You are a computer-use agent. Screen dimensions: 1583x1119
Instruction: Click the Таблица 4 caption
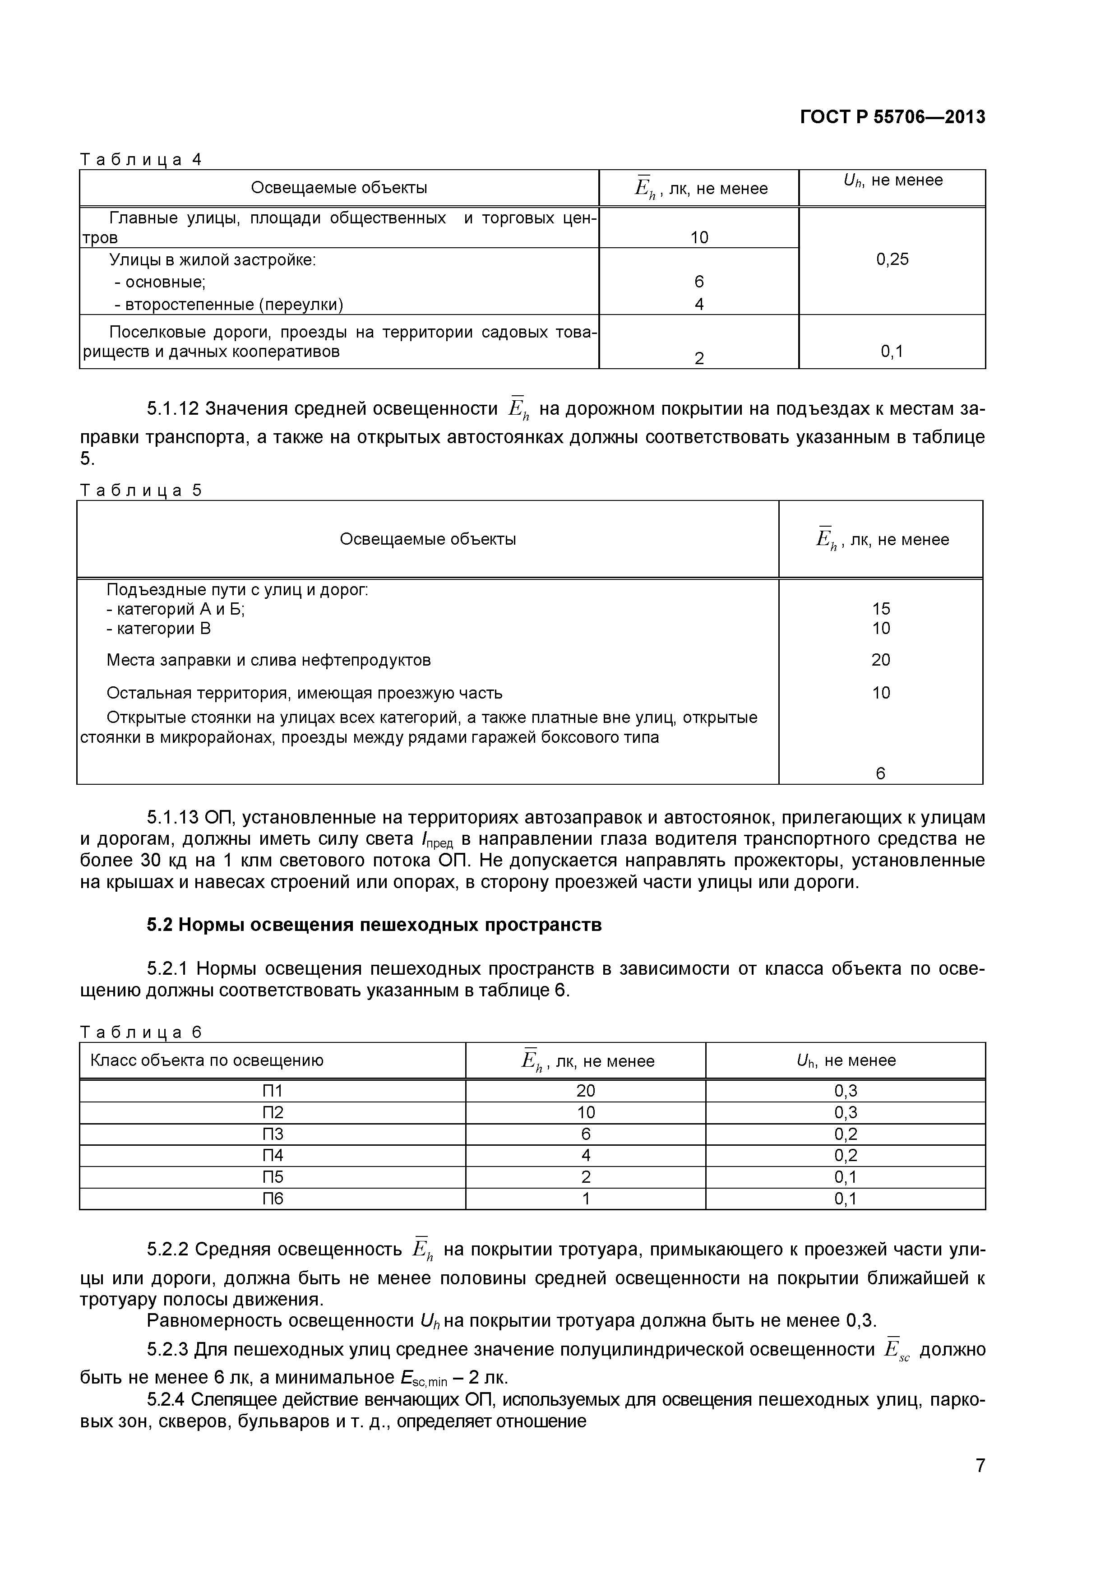click(x=141, y=159)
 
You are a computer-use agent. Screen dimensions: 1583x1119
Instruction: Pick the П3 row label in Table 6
click(x=273, y=1134)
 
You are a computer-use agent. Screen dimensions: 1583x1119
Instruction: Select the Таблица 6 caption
click(x=141, y=1032)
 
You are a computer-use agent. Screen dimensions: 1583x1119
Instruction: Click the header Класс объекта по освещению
click(x=207, y=1060)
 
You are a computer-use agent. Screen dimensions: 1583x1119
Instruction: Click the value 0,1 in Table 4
click(x=892, y=352)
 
